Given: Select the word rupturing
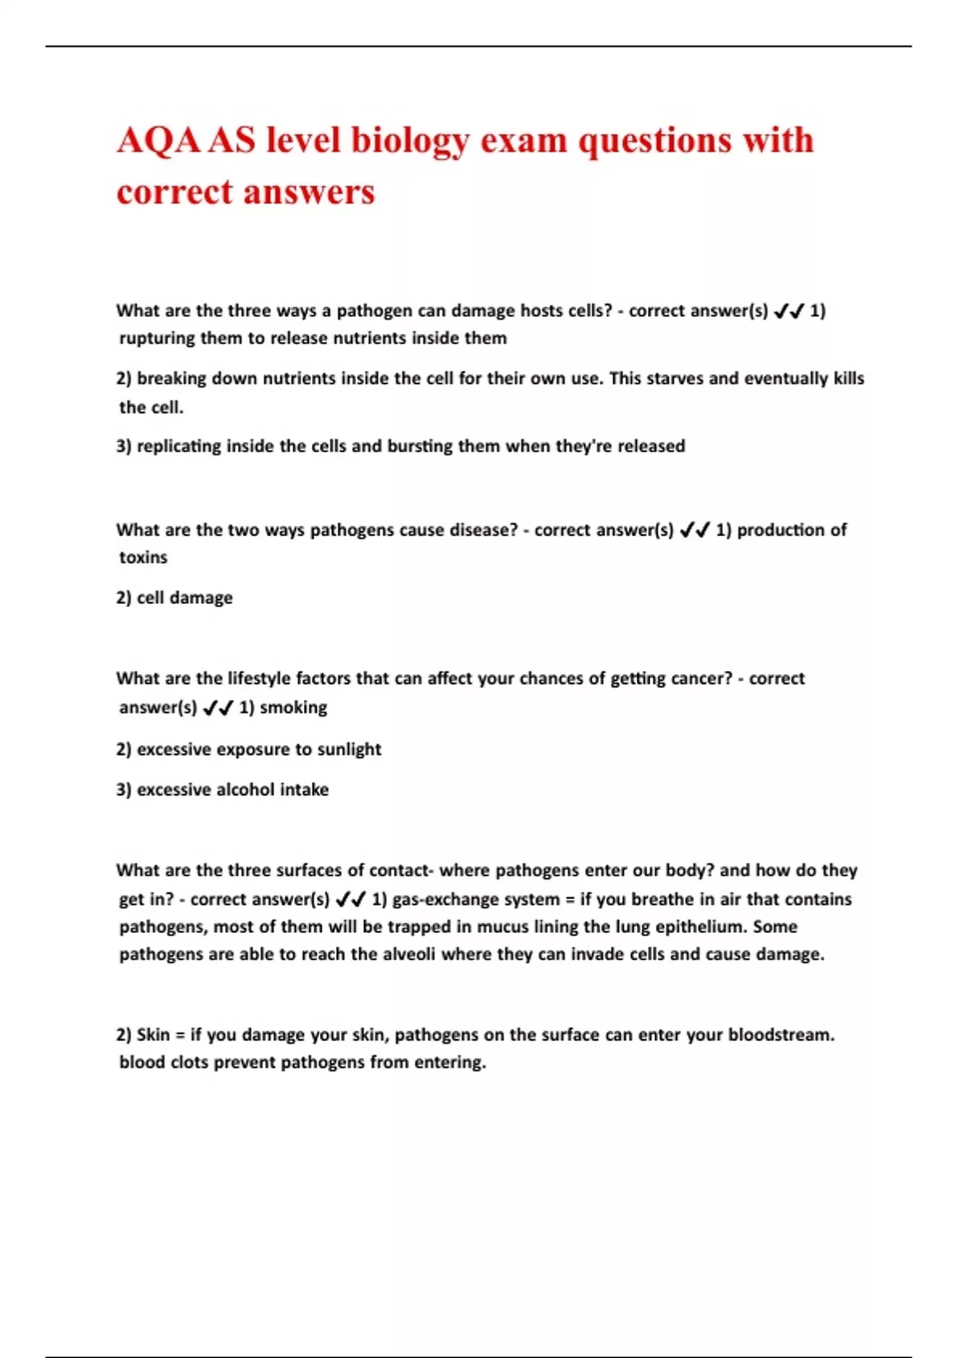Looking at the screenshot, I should pos(157,339).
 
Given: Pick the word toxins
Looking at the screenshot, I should pos(144,558).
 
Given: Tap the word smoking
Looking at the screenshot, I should pos(294,708).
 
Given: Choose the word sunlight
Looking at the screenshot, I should pos(350,750).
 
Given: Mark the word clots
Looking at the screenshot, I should pos(190,1063).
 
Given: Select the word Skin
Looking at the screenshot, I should pos(153,1035).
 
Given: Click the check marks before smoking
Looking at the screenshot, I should pos(218,708).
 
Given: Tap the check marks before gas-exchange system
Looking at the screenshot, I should pos(350,899).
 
